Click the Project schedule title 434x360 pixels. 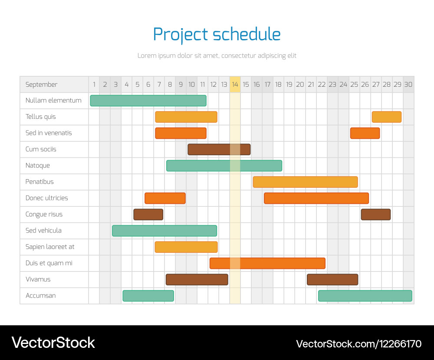coord(217,34)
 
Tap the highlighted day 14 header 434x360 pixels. coord(235,85)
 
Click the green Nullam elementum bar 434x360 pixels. coord(148,101)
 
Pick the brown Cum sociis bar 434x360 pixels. coord(219,149)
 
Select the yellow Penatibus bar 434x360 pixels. coord(305,182)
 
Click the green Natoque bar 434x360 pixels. coord(224,166)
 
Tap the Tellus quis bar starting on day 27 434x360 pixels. coord(386,117)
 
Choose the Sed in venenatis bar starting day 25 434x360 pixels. coord(365,133)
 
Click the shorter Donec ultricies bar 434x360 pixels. coord(165,198)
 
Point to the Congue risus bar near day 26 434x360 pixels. coord(375,214)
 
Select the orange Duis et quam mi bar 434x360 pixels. coord(267,263)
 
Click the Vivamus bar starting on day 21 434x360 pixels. coord(332,280)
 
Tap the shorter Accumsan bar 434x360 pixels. coord(148,296)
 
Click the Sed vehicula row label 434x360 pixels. coord(43,230)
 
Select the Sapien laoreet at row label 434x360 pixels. coord(50,247)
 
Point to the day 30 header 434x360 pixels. coord(408,85)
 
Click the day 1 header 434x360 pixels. coord(94,85)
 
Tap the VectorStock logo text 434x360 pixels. coord(53,343)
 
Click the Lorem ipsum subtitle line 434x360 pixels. coord(217,56)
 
